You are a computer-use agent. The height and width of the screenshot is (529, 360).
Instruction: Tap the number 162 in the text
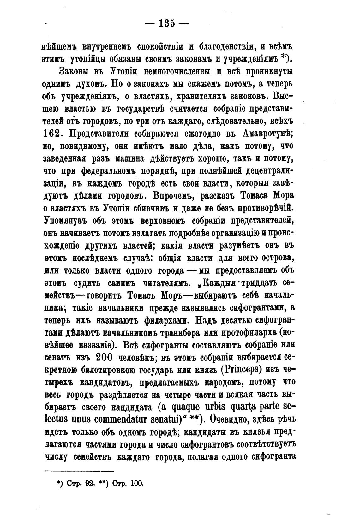[x=51, y=133]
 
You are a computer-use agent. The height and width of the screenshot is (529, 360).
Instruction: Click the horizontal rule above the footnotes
[x=79, y=471]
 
